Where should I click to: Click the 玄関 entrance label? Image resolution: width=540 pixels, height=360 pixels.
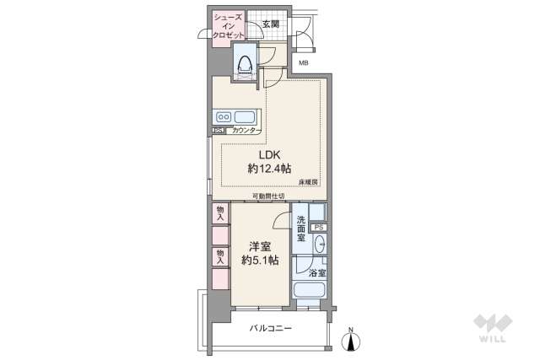pyautogui.click(x=271, y=23)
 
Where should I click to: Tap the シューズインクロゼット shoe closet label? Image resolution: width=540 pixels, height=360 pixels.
pyautogui.click(x=229, y=25)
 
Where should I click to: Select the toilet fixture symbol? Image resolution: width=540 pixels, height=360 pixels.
pyautogui.click(x=246, y=63)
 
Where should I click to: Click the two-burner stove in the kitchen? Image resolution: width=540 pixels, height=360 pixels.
pyautogui.click(x=224, y=116)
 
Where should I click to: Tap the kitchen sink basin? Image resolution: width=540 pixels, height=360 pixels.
pyautogui.click(x=246, y=116)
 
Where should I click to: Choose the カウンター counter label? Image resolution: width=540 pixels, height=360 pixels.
pyautogui.click(x=246, y=131)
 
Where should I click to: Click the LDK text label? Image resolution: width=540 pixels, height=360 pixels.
pyautogui.click(x=269, y=155)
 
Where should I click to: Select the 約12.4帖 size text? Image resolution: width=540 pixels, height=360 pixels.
pyautogui.click(x=269, y=169)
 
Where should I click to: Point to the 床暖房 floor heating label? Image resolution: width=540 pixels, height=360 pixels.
pyautogui.click(x=307, y=183)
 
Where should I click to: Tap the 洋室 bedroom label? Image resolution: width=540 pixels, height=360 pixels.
pyautogui.click(x=259, y=246)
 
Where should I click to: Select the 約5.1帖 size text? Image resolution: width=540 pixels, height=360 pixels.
pyautogui.click(x=259, y=261)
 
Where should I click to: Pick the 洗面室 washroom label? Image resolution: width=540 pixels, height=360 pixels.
pyautogui.click(x=300, y=229)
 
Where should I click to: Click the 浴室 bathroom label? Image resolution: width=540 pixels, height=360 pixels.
pyautogui.click(x=316, y=273)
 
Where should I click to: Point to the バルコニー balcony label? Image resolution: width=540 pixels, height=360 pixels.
pyautogui.click(x=271, y=329)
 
